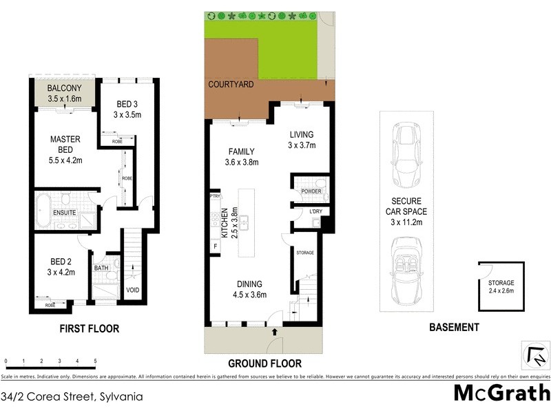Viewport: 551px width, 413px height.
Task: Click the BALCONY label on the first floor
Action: pos(65,88)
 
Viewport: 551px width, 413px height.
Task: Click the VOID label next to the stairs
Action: pos(133,290)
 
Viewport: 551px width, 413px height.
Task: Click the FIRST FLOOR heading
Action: pos(90,329)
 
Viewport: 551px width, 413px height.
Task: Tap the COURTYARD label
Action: pos(232,85)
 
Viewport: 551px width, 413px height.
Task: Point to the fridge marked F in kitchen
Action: pos(216,246)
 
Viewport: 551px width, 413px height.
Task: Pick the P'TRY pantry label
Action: pos(215,198)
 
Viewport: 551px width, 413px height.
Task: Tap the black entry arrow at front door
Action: pos(275,332)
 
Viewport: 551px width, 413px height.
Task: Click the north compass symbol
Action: pos(535,355)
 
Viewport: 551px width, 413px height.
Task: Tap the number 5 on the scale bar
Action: pos(95,361)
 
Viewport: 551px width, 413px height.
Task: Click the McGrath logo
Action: pos(501,394)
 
